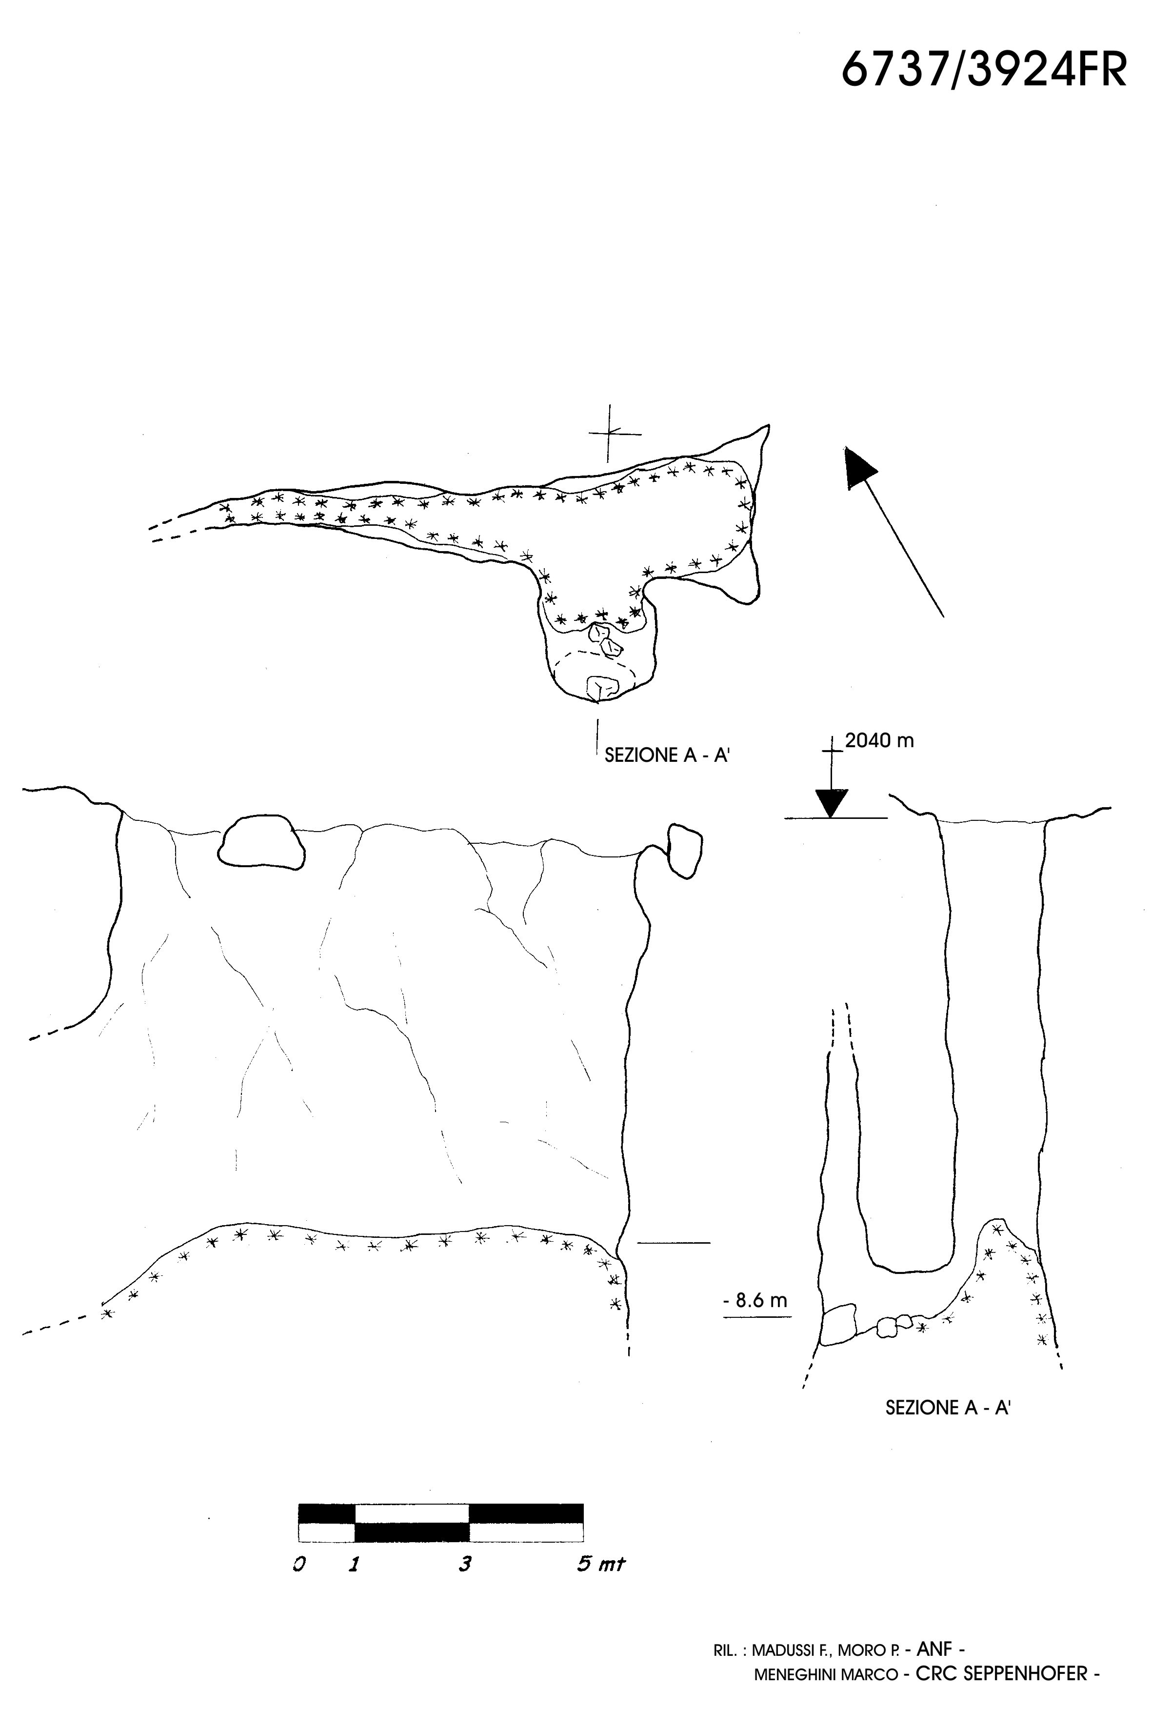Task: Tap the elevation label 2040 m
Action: pos(879,740)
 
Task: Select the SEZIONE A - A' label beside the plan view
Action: pos(666,755)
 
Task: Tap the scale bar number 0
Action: pos(299,1565)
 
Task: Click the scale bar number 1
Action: pos(354,1565)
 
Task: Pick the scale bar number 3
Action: pos(464,1565)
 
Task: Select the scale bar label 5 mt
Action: pos(600,1565)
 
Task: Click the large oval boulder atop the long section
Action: pos(261,843)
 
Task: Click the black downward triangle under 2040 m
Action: pos(832,803)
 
